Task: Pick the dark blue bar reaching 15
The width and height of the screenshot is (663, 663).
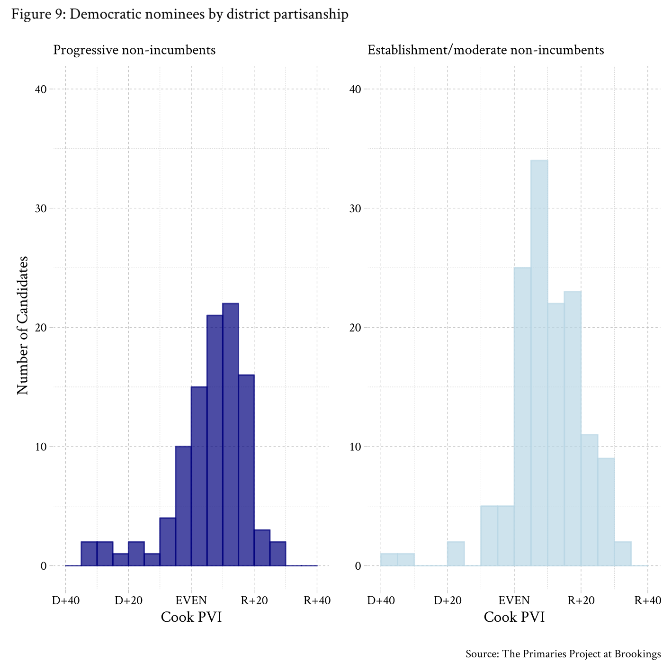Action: (199, 476)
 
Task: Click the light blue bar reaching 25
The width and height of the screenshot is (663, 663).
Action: (522, 417)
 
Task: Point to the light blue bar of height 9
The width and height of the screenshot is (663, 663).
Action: (606, 512)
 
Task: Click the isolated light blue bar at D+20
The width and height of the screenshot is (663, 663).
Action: (456, 554)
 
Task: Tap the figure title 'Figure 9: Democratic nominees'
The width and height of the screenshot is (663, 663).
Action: (180, 14)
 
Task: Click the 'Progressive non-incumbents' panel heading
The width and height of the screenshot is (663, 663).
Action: (134, 50)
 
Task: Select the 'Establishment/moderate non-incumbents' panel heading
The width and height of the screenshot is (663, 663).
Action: (486, 50)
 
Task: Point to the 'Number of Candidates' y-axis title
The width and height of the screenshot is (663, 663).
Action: (22, 325)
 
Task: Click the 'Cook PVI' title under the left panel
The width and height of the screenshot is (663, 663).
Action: (191, 617)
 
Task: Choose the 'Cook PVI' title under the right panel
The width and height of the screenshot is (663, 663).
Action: (514, 617)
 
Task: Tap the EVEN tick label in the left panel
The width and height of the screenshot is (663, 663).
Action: (191, 600)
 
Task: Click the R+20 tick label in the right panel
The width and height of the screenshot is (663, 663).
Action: (581, 600)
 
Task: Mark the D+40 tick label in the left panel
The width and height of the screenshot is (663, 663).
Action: (66, 600)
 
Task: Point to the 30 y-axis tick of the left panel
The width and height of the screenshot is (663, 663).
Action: (41, 208)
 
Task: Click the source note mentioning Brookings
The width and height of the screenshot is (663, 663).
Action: (563, 654)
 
